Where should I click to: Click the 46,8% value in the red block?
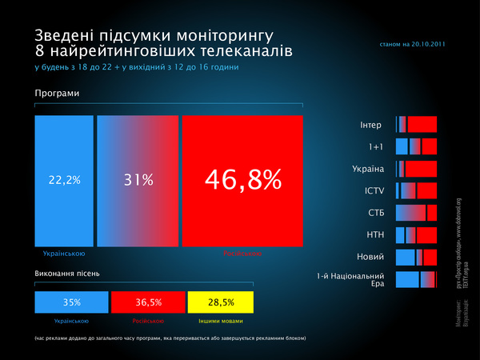point(243,179)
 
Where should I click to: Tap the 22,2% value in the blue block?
point(65,180)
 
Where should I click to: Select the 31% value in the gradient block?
point(138,180)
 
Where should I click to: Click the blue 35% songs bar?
point(70,302)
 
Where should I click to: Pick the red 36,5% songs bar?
point(147,302)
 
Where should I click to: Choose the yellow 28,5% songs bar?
point(221,302)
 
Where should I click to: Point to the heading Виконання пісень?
point(67,274)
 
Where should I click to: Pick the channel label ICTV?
point(374,190)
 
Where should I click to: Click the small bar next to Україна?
point(416,169)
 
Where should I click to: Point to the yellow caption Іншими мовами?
point(221,321)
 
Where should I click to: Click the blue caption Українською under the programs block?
point(64,253)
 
